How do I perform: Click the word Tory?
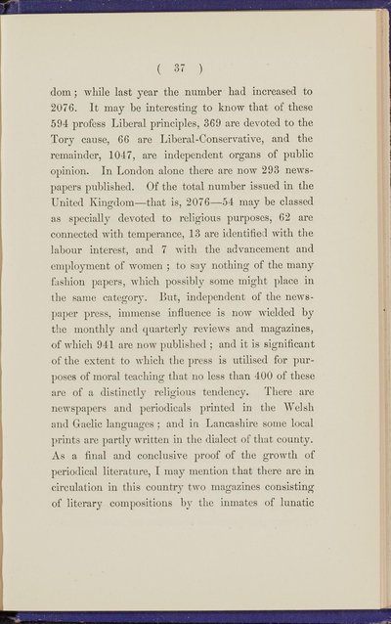pyautogui.click(x=80, y=151)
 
